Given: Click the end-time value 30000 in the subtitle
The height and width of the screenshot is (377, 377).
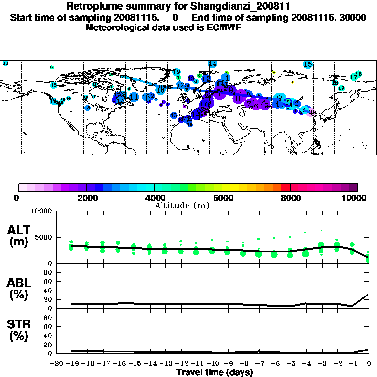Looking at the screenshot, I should (353, 18).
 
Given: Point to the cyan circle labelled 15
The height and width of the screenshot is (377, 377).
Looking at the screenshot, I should (308, 64).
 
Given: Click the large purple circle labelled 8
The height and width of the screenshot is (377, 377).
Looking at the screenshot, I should (239, 98).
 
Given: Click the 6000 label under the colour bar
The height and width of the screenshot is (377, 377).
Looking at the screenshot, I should (223, 198).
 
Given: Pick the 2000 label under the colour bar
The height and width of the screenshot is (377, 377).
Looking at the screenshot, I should (86, 198).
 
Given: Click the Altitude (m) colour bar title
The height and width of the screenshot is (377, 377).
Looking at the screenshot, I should (182, 205).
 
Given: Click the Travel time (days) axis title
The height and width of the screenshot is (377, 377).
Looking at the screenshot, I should (214, 372).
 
